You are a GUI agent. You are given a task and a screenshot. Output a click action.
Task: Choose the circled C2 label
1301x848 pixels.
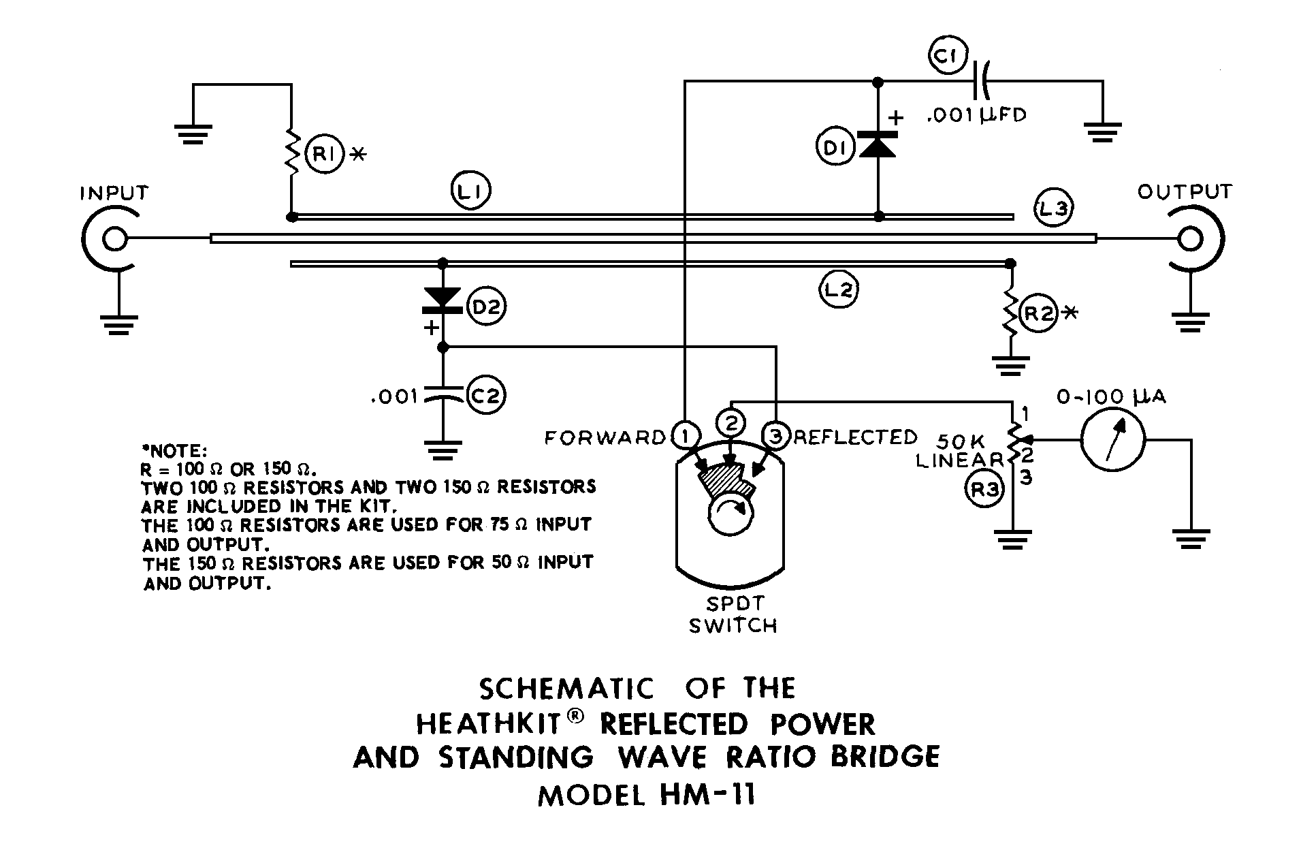pyautogui.click(x=486, y=396)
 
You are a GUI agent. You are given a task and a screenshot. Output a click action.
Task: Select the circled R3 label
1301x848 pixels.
pyautogui.click(x=984, y=491)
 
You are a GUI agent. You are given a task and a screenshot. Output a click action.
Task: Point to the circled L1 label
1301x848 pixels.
pyautogui.click(x=470, y=192)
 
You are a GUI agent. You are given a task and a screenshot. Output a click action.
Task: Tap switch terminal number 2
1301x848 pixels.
pyautogui.click(x=730, y=423)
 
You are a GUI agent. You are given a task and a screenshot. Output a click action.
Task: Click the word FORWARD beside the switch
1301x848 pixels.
pyautogui.click(x=605, y=437)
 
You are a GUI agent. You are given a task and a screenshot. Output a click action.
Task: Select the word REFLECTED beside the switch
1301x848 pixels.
pyautogui.click(x=855, y=437)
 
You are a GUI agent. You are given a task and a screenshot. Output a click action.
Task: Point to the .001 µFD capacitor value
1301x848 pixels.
pyautogui.click(x=976, y=114)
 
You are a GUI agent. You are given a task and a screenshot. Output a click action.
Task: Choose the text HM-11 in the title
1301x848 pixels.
pyautogui.click(x=707, y=795)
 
